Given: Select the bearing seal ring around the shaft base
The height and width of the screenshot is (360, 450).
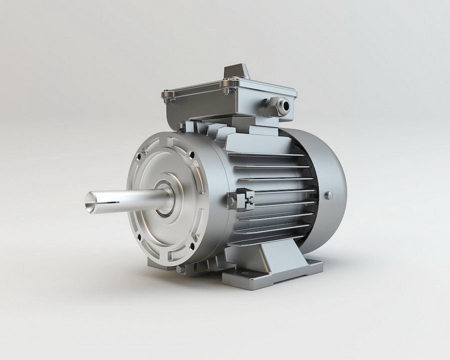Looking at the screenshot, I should [164, 197].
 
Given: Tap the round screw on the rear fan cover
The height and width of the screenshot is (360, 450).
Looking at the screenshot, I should [328, 195].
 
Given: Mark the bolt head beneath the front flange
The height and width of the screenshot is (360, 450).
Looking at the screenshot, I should [180, 268].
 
